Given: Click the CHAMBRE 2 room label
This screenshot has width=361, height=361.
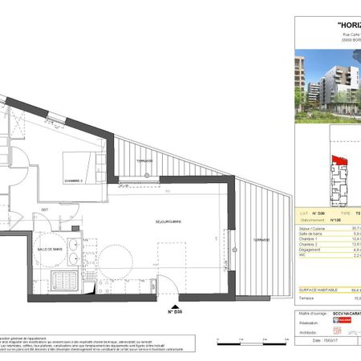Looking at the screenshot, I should [x=77, y=181].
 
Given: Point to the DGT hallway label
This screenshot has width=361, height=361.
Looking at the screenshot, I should [x=47, y=209].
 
